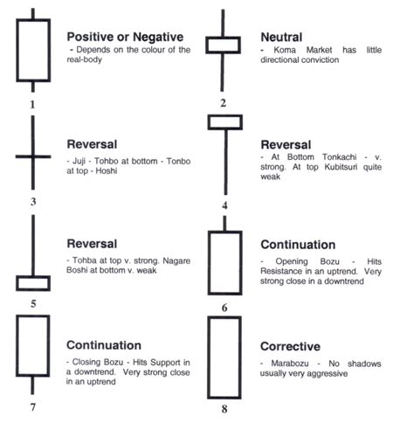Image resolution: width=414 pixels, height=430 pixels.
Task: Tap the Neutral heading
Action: tap(281, 37)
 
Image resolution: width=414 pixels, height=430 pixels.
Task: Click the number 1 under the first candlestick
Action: tap(32, 105)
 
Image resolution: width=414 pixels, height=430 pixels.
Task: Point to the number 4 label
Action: tap(224, 206)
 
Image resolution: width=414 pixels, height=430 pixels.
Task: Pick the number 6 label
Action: tap(224, 309)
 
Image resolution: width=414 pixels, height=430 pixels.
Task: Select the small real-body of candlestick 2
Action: tap(224, 45)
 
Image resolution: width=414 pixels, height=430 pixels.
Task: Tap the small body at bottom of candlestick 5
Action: tap(32, 283)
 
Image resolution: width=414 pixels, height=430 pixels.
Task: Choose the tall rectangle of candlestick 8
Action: tap(224, 357)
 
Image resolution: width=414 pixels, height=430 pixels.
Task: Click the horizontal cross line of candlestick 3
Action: tap(32, 157)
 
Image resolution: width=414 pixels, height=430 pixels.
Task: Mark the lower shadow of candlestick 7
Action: tap(32, 385)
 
